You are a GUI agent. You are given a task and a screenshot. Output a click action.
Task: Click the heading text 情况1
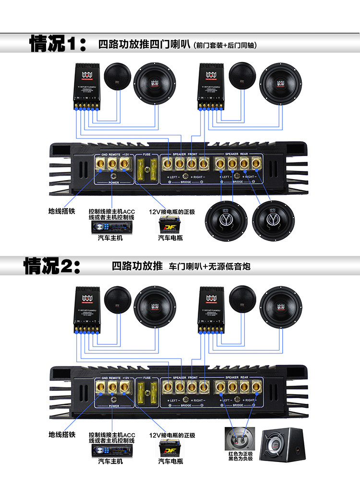click(x=57, y=44)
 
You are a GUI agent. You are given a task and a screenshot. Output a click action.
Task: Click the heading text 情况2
click(x=52, y=265)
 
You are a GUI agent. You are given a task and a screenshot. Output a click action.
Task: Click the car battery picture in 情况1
click(x=170, y=224)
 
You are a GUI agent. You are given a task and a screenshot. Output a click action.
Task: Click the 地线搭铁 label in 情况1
click(x=62, y=211)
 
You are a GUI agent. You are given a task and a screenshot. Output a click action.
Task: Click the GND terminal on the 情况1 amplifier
click(x=102, y=164)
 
